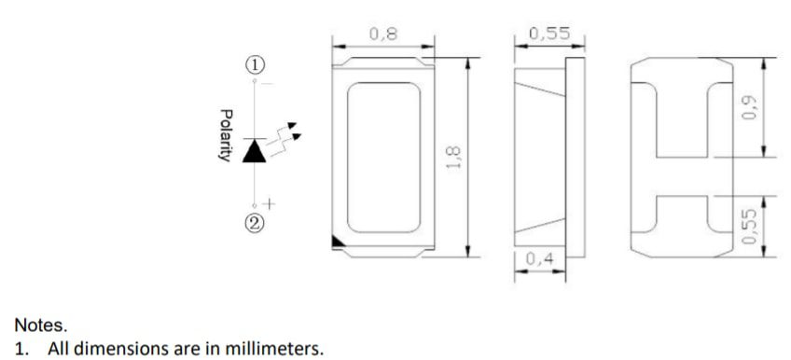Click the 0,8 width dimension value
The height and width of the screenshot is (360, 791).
383,34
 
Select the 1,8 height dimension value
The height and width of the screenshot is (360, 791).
454,158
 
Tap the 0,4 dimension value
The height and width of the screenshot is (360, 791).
540,259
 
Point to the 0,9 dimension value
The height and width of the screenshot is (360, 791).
749,108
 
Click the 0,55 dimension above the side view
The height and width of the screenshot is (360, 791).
549,34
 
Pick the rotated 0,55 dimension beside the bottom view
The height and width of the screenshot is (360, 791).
749,227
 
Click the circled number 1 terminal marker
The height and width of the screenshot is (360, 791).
255,65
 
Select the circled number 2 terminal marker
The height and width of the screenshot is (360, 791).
255,222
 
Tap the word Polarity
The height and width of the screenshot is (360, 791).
226,135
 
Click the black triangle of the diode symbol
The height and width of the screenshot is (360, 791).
255,152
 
